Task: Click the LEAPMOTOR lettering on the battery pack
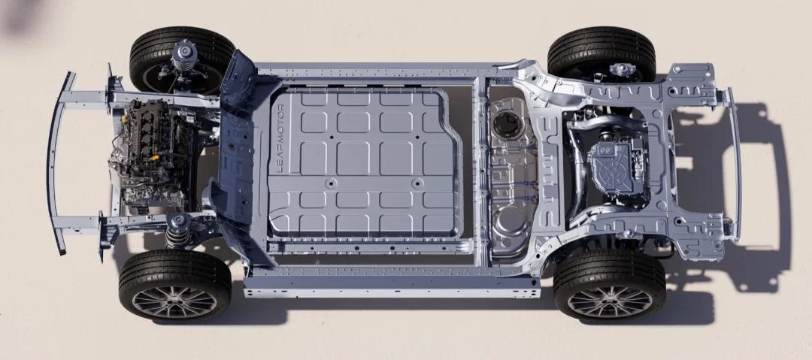280,138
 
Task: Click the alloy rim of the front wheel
174,301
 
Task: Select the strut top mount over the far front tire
185,54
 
